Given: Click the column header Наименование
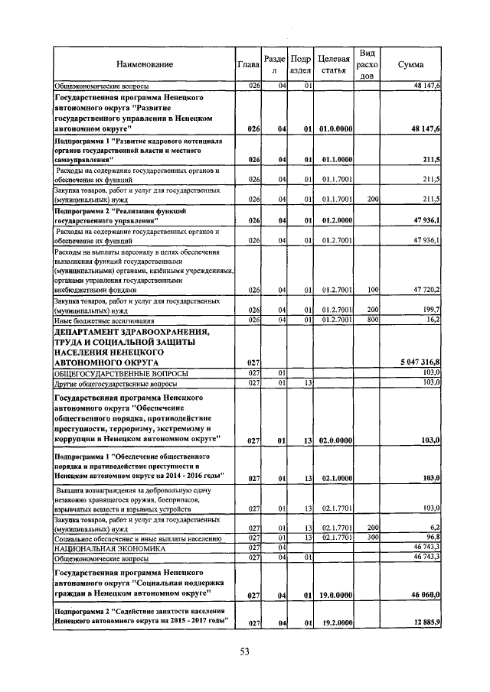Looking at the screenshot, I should tap(145, 65).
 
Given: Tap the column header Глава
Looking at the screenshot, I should tap(249, 65).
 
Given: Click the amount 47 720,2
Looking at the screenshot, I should tap(423, 291).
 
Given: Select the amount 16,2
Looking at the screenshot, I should tap(430, 320).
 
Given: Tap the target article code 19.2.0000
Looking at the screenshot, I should tap(337, 624).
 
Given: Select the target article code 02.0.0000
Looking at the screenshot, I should tap(337, 440).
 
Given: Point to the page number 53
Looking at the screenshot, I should tap(245, 651).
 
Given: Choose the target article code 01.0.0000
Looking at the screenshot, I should tap(337, 130).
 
